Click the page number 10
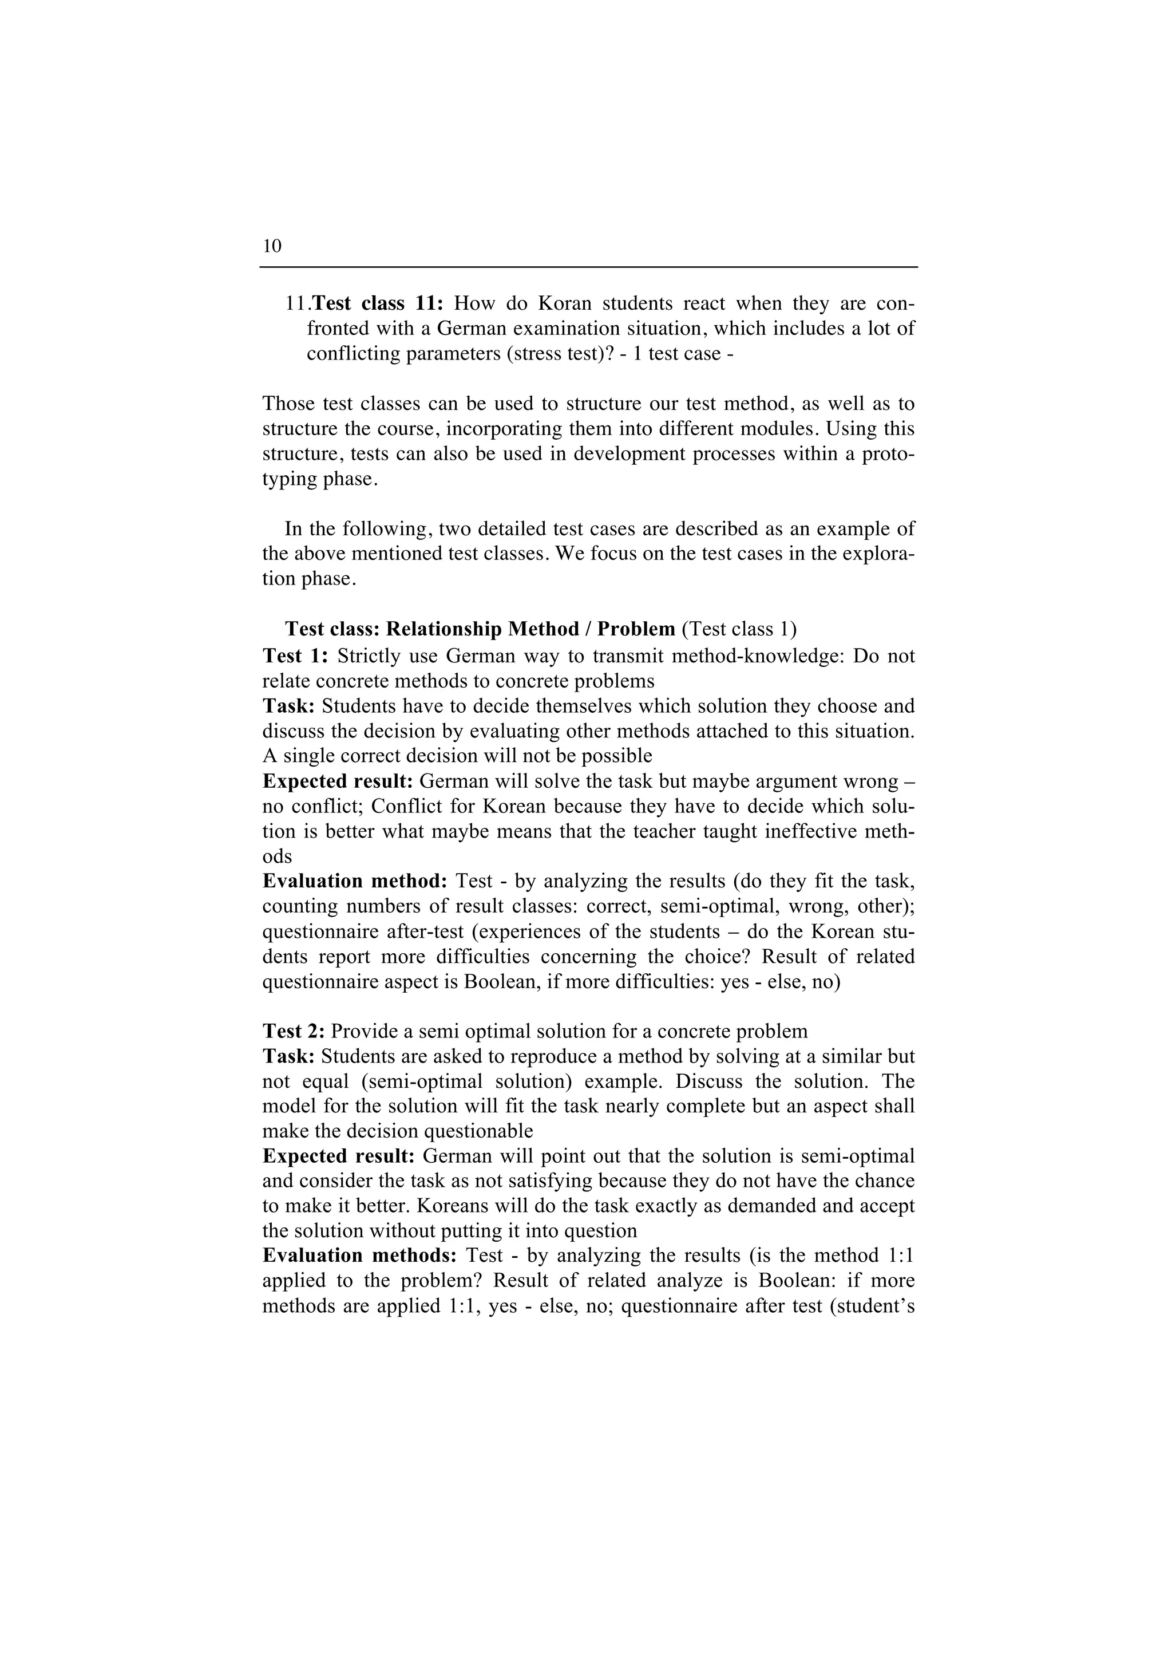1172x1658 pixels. [272, 246]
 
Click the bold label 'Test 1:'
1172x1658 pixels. [295, 656]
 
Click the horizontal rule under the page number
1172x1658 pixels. [588, 268]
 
